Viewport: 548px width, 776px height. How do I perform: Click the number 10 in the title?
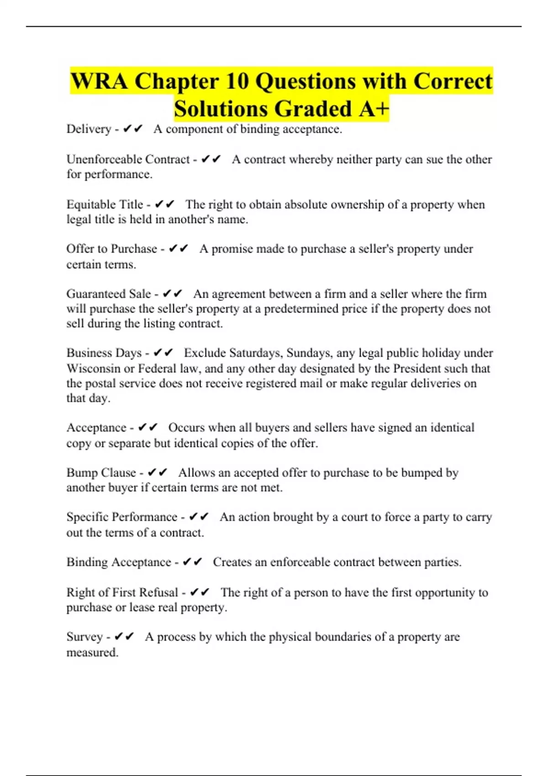tap(237, 81)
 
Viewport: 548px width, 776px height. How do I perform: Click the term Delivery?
tap(89, 129)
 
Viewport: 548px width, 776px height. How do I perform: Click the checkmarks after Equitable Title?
tap(165, 204)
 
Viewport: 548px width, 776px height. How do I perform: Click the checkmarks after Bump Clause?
tap(158, 472)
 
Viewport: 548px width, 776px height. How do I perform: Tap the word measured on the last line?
tap(92, 652)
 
